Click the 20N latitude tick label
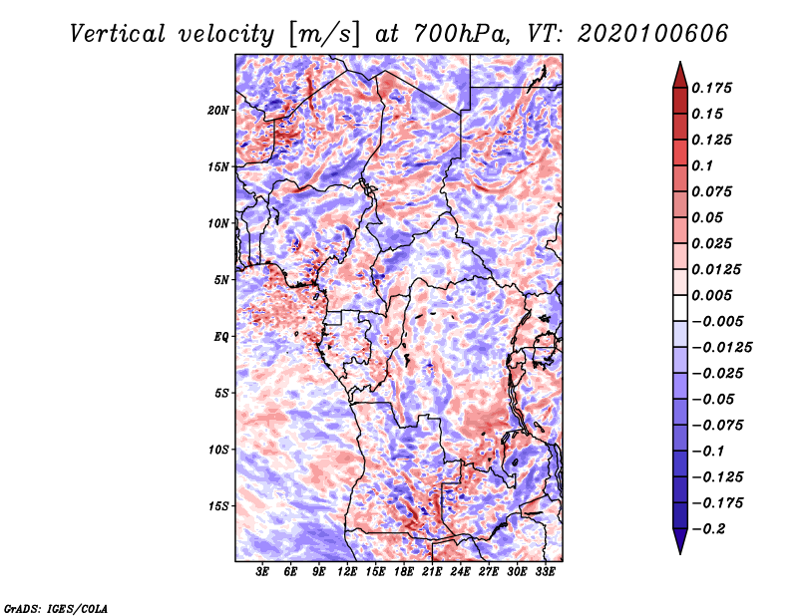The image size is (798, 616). coord(218,111)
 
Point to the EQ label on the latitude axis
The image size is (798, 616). coord(220,337)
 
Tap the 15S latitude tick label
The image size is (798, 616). coord(218,506)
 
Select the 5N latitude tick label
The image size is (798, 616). coord(221,280)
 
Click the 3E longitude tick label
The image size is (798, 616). coord(262,572)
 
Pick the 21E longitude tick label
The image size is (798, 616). coord(432,572)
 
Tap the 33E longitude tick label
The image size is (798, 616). coord(545,572)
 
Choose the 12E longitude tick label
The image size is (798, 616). coord(346,572)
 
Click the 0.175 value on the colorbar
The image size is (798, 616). coord(711,88)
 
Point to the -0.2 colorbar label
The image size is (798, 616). coord(708,529)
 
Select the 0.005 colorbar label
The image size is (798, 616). coord(711,295)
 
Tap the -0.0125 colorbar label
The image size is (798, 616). coord(721,348)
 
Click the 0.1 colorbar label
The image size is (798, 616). coord(702,165)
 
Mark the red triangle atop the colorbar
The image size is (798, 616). coord(680,75)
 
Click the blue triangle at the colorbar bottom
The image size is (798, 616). coord(680,541)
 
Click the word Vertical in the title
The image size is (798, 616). coord(118,34)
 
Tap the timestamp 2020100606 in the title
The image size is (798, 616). coord(653,34)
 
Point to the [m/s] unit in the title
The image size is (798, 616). coord(324,35)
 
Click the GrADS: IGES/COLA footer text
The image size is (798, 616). coord(56,608)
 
